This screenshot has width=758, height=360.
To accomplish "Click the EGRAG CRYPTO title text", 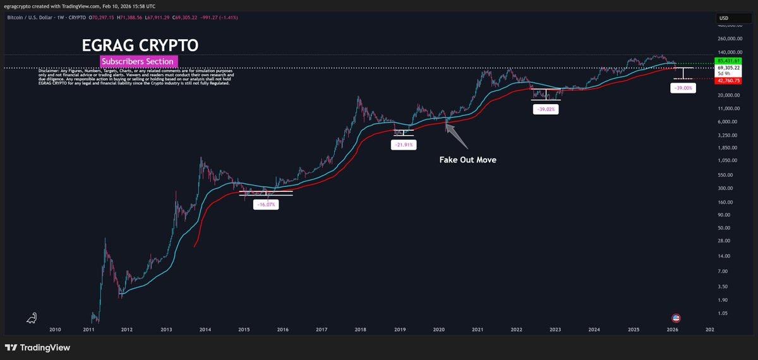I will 140,45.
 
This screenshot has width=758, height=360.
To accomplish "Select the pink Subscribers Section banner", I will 139,61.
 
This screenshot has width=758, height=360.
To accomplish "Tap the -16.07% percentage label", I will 265,205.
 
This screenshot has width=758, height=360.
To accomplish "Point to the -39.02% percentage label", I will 546,109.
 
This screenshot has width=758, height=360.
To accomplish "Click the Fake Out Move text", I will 468,160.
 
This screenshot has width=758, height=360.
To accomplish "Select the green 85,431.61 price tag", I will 728,60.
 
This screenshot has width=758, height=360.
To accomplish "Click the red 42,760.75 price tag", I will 728,80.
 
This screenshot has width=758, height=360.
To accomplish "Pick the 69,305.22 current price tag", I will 728,67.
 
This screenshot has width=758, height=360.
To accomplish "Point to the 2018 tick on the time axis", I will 360,329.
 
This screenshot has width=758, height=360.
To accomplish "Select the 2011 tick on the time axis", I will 88,329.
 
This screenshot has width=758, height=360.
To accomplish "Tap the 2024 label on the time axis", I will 594,329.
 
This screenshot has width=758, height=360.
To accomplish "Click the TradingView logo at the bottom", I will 37,347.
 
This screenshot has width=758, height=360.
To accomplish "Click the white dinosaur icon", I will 31,318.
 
